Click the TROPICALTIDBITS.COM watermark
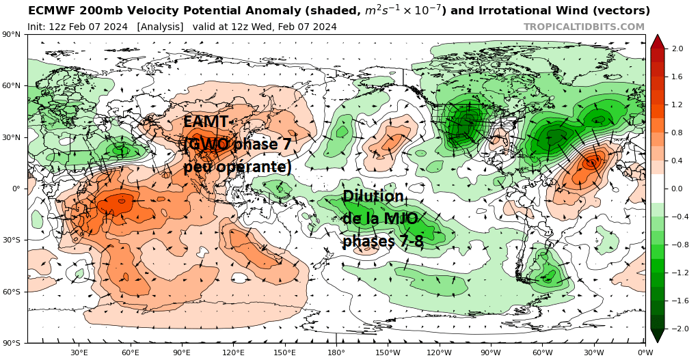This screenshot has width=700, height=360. coord(584,27)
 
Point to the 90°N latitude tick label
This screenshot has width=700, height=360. coord(11,34)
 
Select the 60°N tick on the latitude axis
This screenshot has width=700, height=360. coord(11,86)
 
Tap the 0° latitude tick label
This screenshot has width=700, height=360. coord(15,189)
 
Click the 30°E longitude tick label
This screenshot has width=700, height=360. coord(79,352)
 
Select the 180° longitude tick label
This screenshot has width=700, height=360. coord(336,352)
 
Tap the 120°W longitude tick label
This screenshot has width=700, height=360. coord(439,352)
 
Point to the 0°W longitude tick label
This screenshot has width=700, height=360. coord(645,352)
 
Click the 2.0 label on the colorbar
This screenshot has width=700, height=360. coord(678,49)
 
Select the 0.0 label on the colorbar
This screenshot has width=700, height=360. coord(678,189)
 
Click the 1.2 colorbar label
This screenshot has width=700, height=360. coord(678,105)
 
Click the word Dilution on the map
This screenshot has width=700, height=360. coord(373,197)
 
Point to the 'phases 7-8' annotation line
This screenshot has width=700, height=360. coord(383,242)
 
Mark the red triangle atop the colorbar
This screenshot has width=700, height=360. coord(657,41)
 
